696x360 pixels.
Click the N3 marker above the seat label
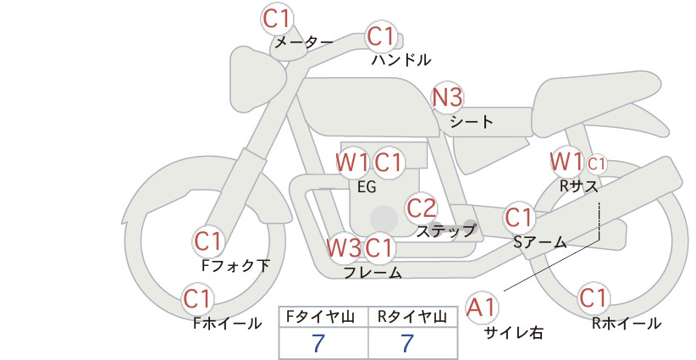[447, 97]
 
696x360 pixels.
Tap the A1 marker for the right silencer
[482, 307]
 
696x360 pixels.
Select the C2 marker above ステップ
[421, 208]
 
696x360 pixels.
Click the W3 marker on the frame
[344, 247]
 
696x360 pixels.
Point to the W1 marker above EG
[352, 163]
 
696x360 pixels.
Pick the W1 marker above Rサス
[566, 161]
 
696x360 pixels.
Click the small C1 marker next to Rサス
[596, 164]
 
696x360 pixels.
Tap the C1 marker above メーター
[276, 19]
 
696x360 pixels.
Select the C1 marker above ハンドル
[381, 36]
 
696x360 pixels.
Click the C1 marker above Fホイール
[196, 299]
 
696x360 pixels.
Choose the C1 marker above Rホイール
[593, 298]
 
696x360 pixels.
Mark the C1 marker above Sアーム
[518, 218]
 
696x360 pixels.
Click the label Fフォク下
[235, 265]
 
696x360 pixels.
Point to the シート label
[472, 122]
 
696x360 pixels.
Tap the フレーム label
[373, 273]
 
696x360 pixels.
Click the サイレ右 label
[514, 333]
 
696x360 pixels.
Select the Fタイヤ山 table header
[323, 317]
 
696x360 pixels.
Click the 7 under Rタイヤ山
[407, 343]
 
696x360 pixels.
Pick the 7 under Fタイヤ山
[318, 343]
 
